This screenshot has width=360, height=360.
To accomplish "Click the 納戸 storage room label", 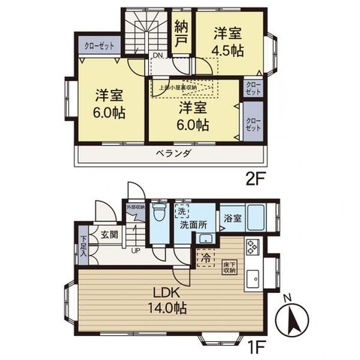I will [x=180, y=35].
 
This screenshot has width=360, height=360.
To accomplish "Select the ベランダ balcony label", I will [x=174, y=153].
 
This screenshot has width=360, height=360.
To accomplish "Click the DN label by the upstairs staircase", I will [x=158, y=56].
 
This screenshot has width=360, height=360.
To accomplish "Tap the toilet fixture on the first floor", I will [x=158, y=213].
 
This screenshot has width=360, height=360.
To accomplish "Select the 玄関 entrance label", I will [x=108, y=234].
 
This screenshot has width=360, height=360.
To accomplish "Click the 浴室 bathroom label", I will [x=232, y=219].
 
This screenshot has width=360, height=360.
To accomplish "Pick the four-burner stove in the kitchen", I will [x=251, y=245].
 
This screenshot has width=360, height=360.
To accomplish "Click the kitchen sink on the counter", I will [x=253, y=276].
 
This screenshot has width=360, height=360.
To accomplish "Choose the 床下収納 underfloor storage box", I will [x=228, y=266].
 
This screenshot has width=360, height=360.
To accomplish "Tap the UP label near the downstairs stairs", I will [x=136, y=250].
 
